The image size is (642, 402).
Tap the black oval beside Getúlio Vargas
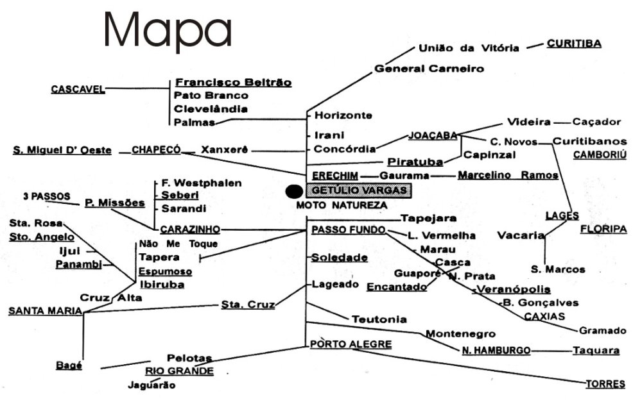tap(293, 191)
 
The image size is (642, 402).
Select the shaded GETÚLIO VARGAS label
tap(358, 190)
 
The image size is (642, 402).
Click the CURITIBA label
tap(573, 44)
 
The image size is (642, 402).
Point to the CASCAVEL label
tap(78, 90)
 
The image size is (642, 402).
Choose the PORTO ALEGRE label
tap(351, 344)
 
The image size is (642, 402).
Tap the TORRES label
tap(605, 384)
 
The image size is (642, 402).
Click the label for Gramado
tap(602, 331)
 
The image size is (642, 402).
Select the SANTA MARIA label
tap(45, 311)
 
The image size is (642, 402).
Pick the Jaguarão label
tap(152, 385)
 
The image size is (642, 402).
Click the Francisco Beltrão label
tap(234, 83)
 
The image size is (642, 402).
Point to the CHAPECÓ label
tap(156, 150)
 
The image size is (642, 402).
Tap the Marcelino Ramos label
tap(507, 175)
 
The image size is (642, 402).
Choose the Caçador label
tap(596, 122)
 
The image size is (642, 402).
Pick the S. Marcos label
tap(558, 269)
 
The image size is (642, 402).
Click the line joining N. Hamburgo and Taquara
tap(551, 351)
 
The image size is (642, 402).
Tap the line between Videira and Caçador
tap(562, 122)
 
